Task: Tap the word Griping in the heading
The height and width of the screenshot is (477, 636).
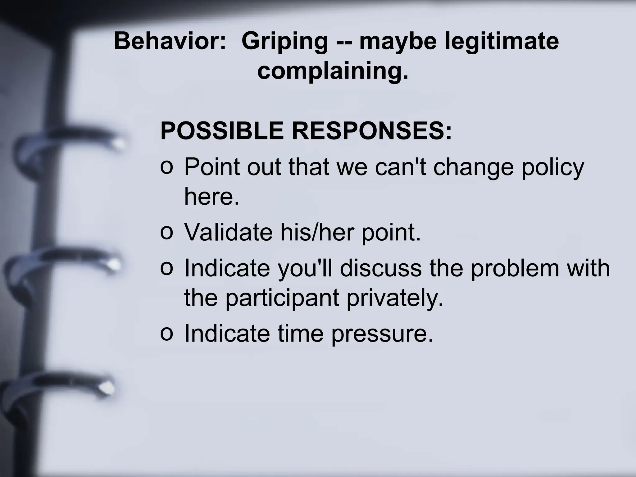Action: click(x=284, y=42)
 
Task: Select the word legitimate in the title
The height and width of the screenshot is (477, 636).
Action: click(x=502, y=41)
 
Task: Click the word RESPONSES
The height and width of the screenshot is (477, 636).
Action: click(x=371, y=131)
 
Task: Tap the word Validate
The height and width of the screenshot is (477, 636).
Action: click(x=228, y=233)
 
